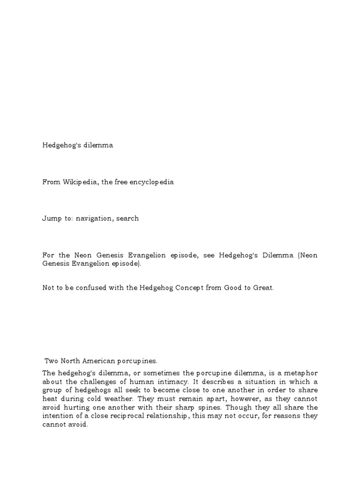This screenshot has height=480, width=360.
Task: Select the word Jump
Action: click(50, 218)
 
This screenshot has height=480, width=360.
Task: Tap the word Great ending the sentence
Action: click(262, 287)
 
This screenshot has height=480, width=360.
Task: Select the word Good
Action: click(234, 287)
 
